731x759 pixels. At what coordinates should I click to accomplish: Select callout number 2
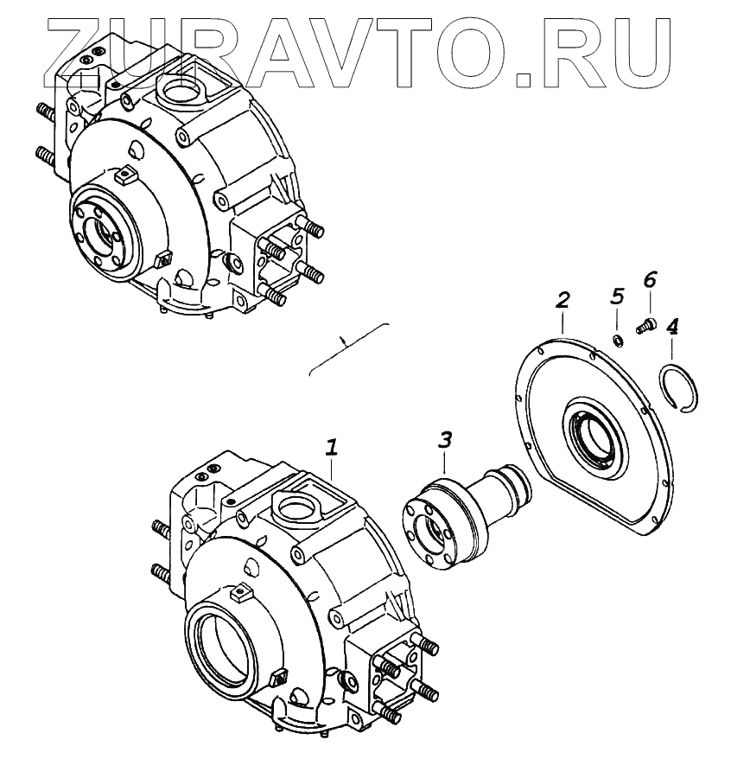tap(562, 301)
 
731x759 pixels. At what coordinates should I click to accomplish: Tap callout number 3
tap(444, 439)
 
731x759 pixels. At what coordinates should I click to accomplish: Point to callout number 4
tap(672, 327)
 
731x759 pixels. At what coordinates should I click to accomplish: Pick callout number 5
tap(617, 297)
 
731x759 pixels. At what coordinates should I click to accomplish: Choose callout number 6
tap(650, 278)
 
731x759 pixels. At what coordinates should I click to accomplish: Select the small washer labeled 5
tap(619, 338)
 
